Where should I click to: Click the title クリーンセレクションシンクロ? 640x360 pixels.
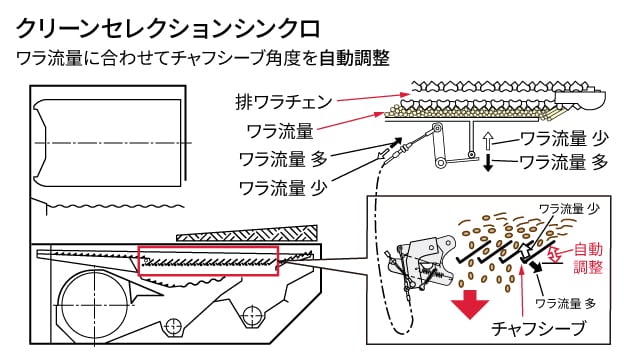[x=168, y=29]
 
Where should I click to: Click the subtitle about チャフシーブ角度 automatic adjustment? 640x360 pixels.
[x=203, y=58]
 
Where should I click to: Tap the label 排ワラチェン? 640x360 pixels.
[x=284, y=102]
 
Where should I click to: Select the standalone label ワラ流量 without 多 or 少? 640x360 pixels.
[x=280, y=131]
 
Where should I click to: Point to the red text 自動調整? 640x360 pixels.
[x=588, y=258]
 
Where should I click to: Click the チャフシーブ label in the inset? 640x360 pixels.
[x=538, y=328]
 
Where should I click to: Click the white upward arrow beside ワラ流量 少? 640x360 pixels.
[x=488, y=140]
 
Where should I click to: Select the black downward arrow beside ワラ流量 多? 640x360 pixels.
[x=488, y=162]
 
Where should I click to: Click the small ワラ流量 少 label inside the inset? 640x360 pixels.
[x=570, y=209]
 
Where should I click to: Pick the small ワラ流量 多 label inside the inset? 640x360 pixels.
[x=566, y=303]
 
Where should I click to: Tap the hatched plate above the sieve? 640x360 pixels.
[x=247, y=233]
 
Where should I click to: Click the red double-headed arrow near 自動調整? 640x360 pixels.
[x=553, y=254]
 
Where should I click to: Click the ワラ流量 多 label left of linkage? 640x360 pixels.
[x=283, y=159]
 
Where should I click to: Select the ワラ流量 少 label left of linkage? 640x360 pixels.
[x=283, y=188]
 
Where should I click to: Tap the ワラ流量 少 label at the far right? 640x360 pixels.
[x=564, y=139]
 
